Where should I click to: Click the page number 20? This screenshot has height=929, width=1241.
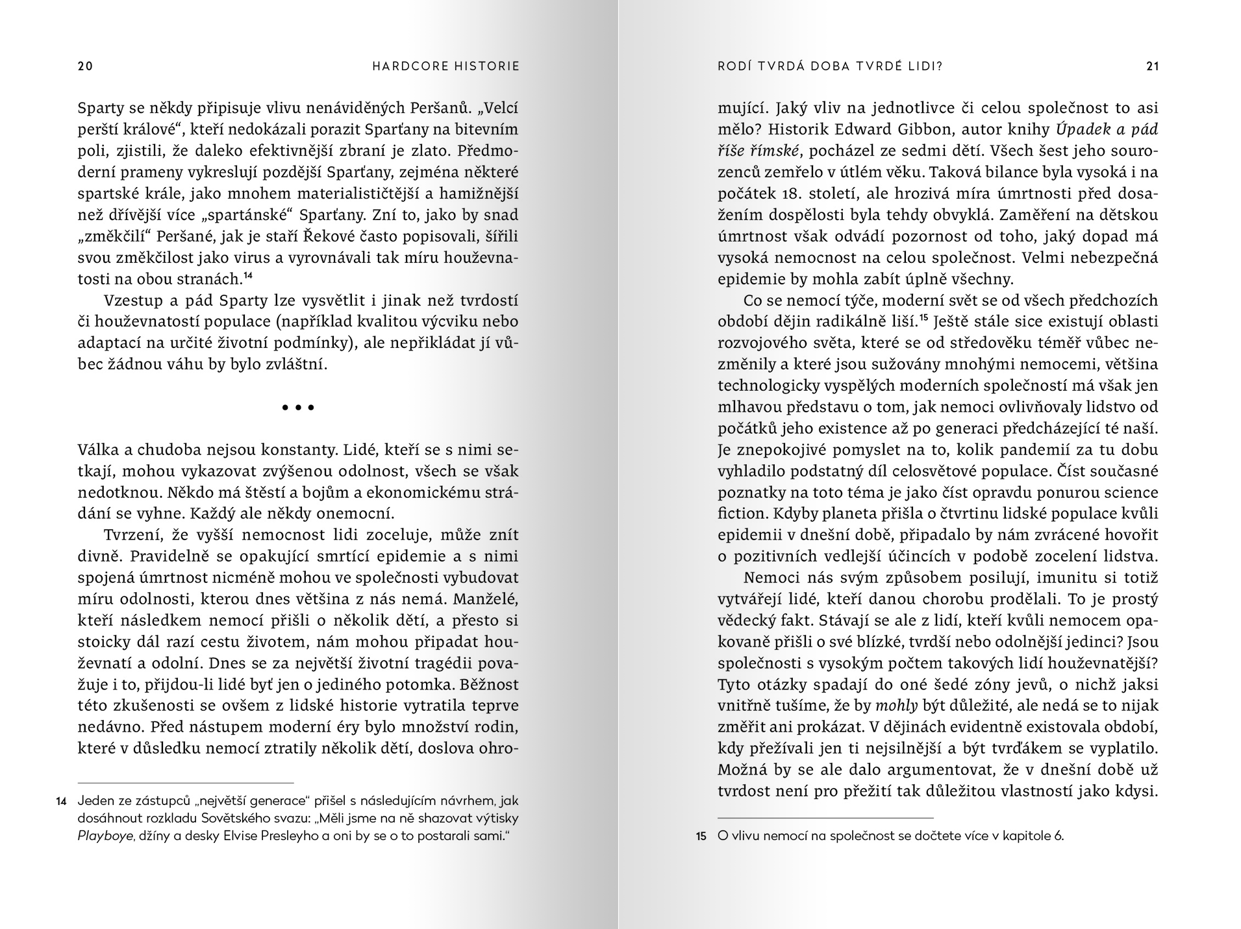pos(85,66)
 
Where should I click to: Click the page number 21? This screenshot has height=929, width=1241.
pos(1152,66)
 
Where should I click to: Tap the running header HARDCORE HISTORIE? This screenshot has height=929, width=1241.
pos(446,66)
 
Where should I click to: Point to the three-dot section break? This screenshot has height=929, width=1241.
pos(298,408)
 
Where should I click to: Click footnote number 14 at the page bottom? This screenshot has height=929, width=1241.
pos(62,802)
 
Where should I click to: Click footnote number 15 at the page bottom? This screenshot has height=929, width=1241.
pos(701,837)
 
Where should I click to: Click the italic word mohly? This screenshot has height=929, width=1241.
pos(896,706)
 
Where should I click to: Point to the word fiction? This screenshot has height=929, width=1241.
pos(742,514)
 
